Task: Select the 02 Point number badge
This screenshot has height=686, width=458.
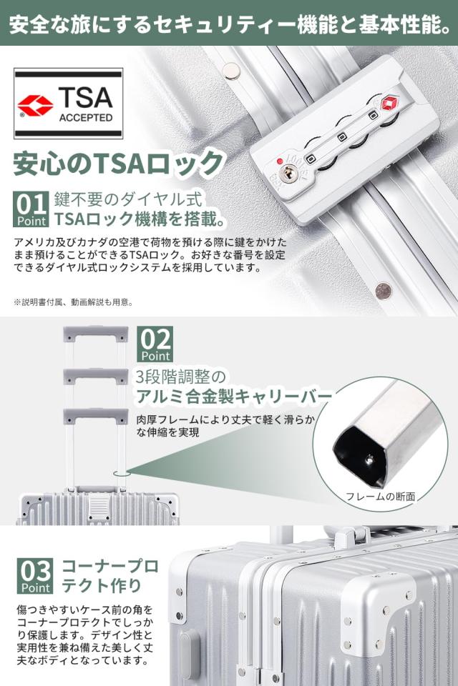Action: (155, 344)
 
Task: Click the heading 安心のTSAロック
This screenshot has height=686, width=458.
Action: (118, 164)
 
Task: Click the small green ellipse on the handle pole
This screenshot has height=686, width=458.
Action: (122, 472)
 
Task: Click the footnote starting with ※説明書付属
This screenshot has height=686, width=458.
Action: (73, 302)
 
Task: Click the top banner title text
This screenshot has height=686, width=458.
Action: (229, 23)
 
